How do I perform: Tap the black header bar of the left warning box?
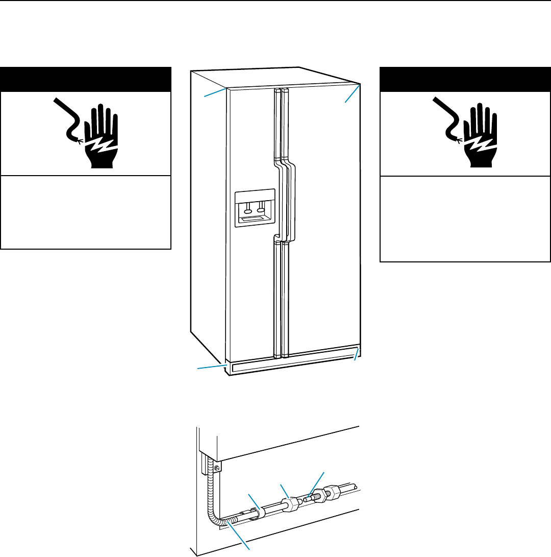pyautogui.click(x=85, y=79)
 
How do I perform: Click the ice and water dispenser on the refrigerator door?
pyautogui.click(x=255, y=207)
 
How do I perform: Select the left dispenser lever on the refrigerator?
pyautogui.click(x=248, y=209)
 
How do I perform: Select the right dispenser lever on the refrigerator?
pyautogui.click(x=262, y=208)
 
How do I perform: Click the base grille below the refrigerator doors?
pyautogui.click(x=291, y=359)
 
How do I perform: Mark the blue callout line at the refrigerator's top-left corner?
pyautogui.click(x=214, y=92)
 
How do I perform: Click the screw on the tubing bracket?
pyautogui.click(x=217, y=468)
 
